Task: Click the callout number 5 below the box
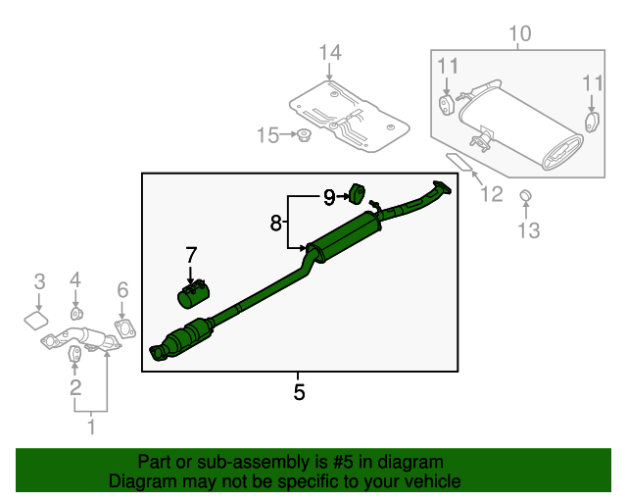click(299, 392)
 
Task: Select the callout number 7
click(191, 256)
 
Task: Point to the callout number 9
click(329, 197)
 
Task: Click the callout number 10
click(519, 34)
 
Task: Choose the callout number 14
click(329, 52)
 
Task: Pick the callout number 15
click(267, 135)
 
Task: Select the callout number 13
click(528, 231)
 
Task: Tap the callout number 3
click(39, 281)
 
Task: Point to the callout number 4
click(74, 281)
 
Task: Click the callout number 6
click(122, 289)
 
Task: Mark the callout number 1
click(92, 427)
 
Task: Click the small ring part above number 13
click(525, 196)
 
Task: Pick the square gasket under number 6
click(123, 327)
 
